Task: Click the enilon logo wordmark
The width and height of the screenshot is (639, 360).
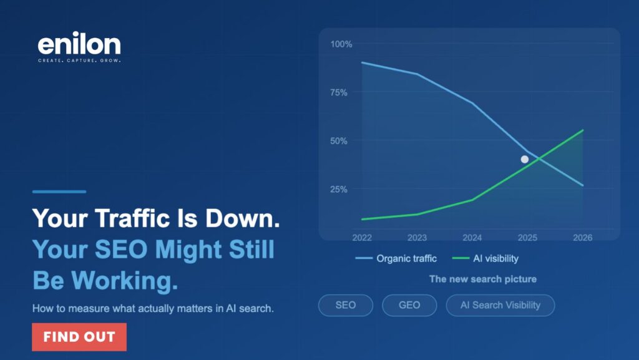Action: click(79, 44)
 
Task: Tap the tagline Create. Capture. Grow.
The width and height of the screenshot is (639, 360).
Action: click(79, 61)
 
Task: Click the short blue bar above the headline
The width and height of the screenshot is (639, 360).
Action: click(59, 192)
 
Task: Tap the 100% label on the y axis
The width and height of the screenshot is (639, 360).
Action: click(341, 44)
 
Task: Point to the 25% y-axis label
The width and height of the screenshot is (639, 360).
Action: click(339, 189)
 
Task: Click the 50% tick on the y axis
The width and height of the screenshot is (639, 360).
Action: click(339, 141)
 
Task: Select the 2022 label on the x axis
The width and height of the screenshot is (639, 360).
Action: click(363, 238)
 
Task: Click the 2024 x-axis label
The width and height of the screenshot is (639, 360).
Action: click(472, 238)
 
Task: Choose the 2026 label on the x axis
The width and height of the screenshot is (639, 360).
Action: click(582, 238)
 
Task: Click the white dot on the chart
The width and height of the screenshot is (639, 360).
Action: click(525, 159)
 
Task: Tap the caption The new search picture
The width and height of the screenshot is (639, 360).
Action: click(482, 279)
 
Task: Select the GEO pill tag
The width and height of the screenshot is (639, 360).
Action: click(409, 305)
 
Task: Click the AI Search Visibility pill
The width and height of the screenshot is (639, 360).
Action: click(500, 305)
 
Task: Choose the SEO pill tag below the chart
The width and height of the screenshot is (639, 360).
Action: click(345, 305)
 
